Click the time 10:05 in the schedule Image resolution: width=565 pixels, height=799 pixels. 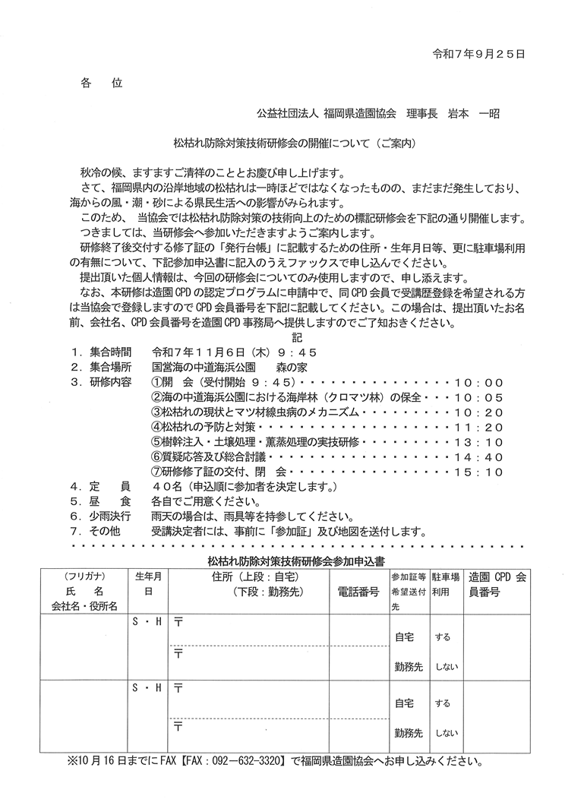point(478,396)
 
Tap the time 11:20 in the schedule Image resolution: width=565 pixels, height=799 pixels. point(478,427)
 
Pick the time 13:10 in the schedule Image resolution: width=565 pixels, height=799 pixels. point(478,442)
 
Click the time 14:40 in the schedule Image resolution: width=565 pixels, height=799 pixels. point(478,457)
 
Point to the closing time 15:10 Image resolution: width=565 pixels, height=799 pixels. point(478,472)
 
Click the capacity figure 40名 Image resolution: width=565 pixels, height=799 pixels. point(166,487)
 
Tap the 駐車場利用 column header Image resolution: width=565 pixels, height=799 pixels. point(445,583)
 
